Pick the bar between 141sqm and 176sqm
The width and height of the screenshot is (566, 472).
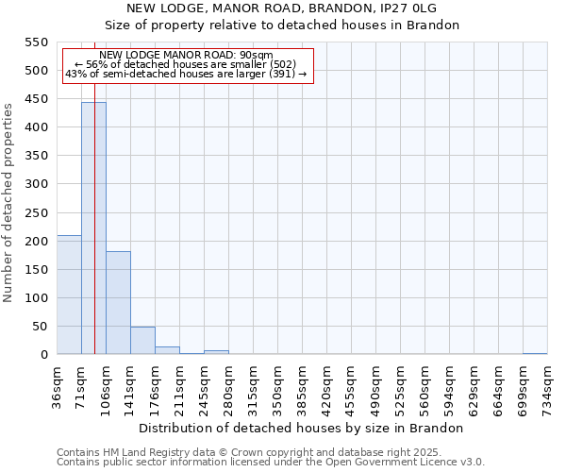coord(142,341)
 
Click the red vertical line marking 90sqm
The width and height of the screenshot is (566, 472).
coord(95,236)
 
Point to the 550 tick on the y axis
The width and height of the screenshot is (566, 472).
coord(36,42)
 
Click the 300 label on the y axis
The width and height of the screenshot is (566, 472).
coord(36,184)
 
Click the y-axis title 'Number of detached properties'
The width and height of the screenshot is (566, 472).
coord(9,203)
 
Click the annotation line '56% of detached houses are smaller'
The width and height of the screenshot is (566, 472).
coord(185,64)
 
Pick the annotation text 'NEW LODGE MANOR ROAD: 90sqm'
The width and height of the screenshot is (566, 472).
coord(185,56)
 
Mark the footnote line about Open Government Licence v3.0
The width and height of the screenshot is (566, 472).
coord(271,463)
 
